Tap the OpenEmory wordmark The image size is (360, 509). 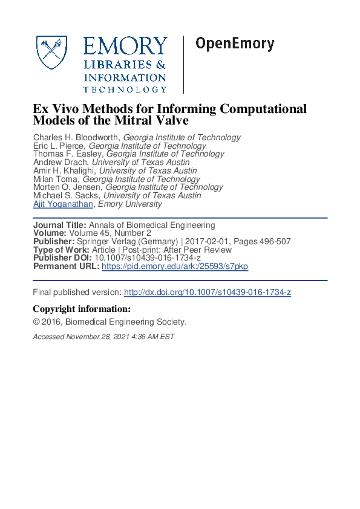(235, 44)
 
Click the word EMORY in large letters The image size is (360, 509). (125, 46)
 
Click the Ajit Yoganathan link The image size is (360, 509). (63, 204)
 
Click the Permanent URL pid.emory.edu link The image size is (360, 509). (174, 267)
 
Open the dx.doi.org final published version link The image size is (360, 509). (208, 293)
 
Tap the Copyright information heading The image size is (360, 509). (81, 310)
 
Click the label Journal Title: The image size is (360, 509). (57, 225)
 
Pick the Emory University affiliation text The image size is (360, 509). (130, 204)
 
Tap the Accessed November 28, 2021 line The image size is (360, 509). (103, 337)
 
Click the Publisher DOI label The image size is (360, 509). (62, 258)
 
